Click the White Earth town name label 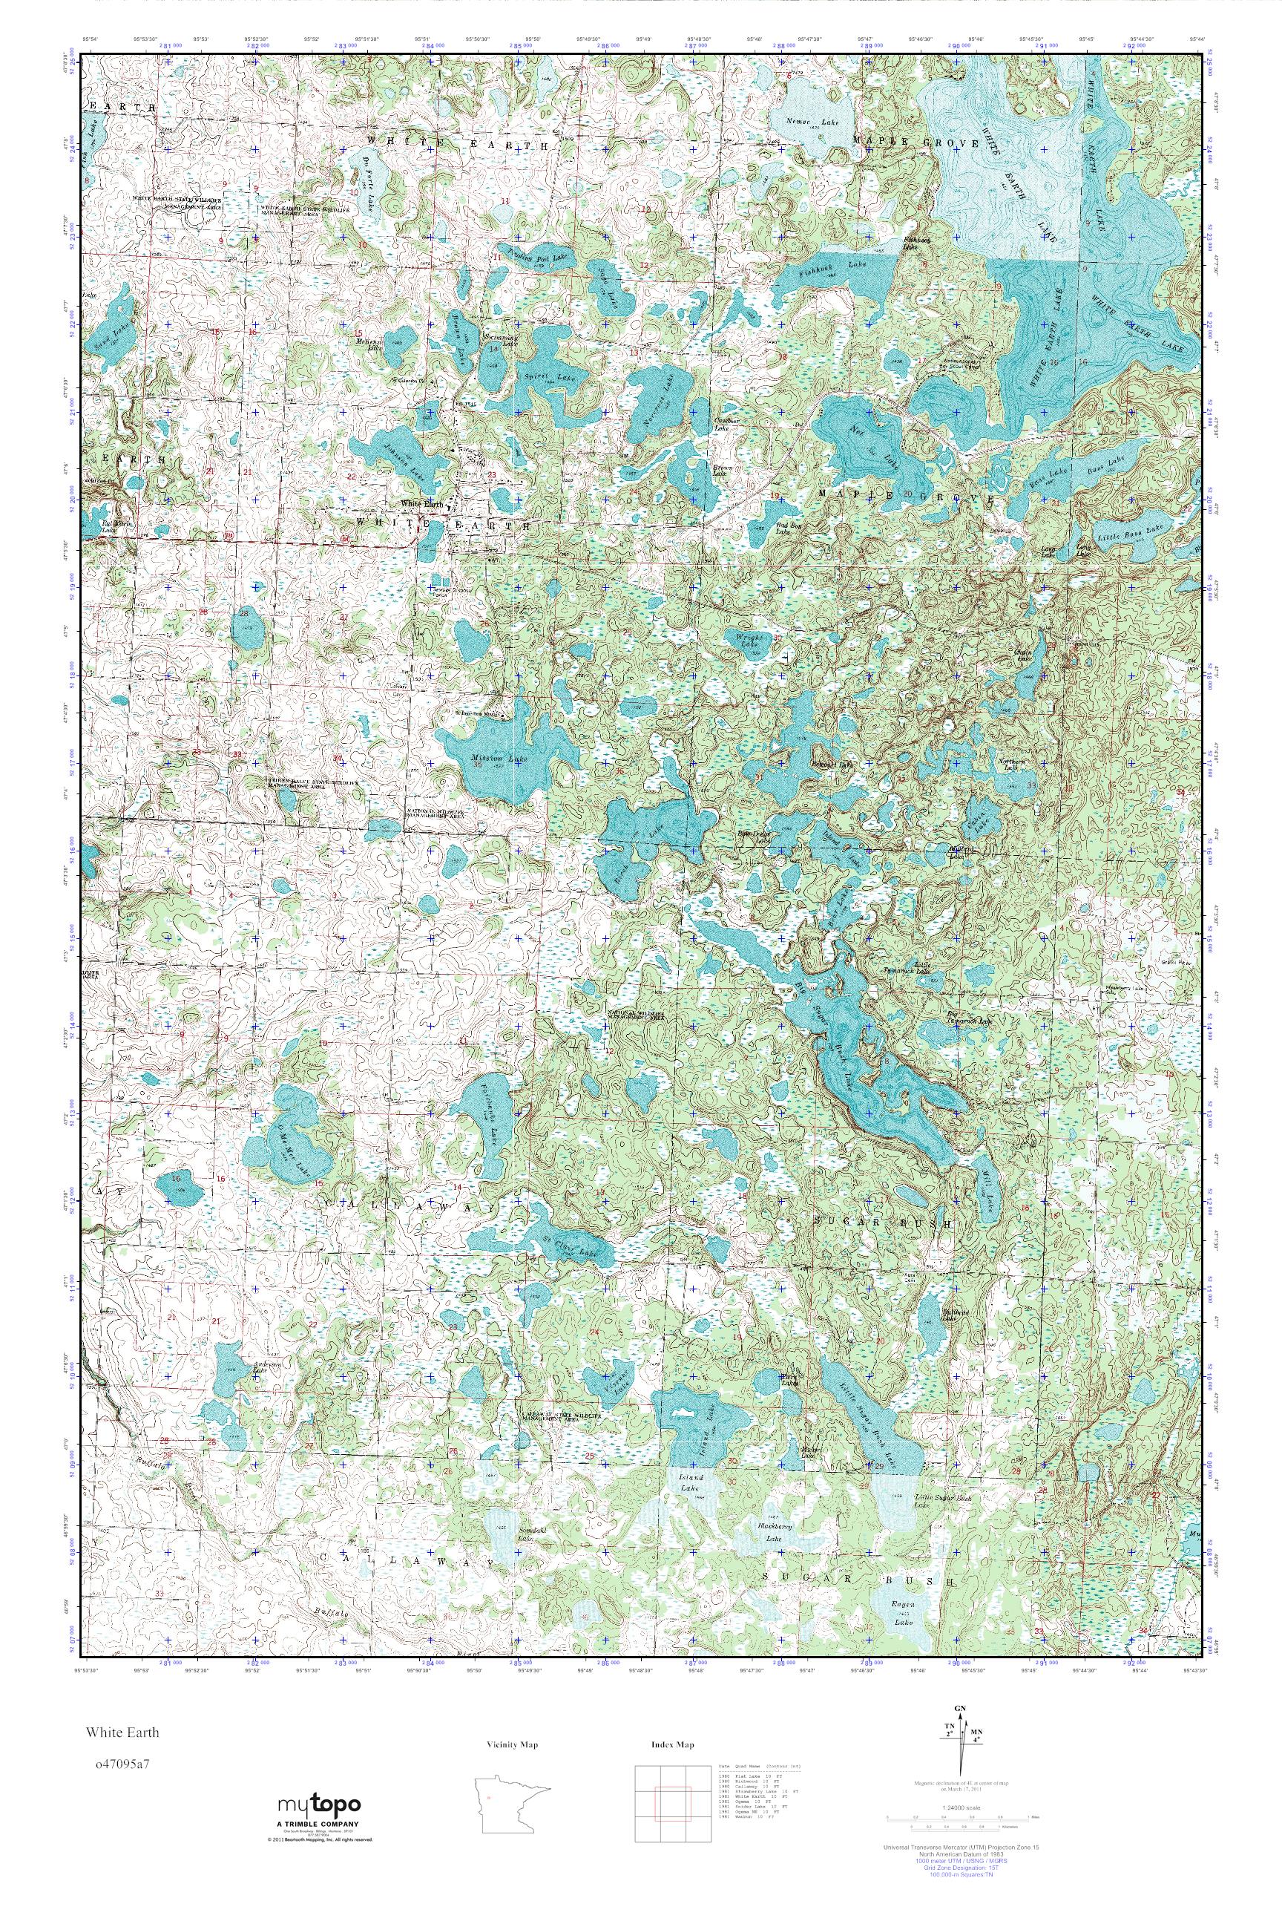pyautogui.click(x=422, y=505)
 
